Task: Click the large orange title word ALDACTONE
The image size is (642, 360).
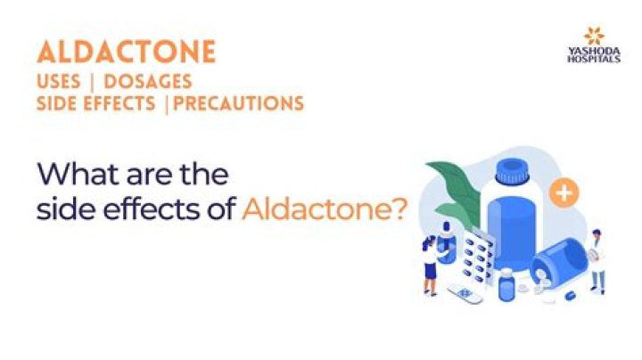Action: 126,52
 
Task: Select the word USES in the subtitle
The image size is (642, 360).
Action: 58,82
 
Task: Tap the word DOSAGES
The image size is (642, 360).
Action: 148,82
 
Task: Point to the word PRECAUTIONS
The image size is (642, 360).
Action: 239,103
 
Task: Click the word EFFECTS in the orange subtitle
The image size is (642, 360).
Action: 120,103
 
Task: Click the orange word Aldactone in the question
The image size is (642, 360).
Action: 316,209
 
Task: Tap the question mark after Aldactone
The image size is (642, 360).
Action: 399,209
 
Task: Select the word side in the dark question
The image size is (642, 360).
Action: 61,209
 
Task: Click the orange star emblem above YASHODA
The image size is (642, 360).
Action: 594,36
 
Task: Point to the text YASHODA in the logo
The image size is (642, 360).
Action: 594,52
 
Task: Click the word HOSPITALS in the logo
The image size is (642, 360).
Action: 594,60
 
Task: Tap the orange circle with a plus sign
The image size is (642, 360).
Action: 564,192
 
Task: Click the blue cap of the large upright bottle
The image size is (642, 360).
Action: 512,171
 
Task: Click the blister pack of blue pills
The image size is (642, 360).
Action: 478,257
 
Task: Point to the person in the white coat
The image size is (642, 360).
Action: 597,261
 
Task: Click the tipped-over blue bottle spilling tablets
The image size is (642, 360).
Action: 559,262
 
